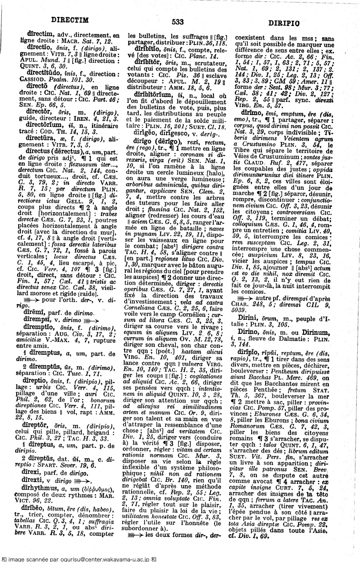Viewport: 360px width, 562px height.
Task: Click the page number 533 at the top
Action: click(x=178, y=22)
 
